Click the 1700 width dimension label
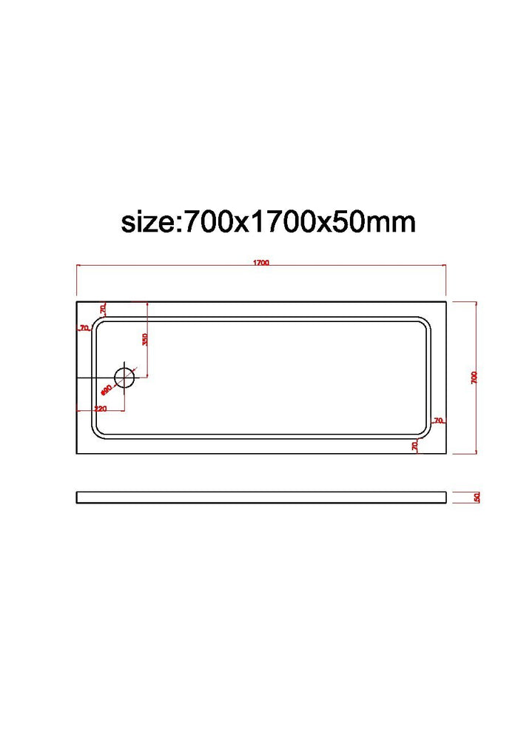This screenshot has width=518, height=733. [260, 263]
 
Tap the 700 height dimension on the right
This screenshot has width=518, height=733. [474, 377]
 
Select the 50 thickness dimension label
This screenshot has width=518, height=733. [478, 498]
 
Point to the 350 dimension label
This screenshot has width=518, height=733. [145, 340]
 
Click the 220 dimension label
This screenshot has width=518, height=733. [101, 409]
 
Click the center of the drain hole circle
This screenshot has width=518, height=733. [125, 378]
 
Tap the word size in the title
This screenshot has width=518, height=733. [147, 221]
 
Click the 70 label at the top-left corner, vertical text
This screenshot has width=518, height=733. [103, 308]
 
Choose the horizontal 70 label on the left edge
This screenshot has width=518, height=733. [84, 327]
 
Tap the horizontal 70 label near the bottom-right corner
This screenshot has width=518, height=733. [438, 421]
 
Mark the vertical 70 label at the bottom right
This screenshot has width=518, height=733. [415, 445]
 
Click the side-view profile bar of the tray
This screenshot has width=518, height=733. [261, 498]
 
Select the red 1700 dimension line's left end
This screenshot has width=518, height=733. [77, 267]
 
